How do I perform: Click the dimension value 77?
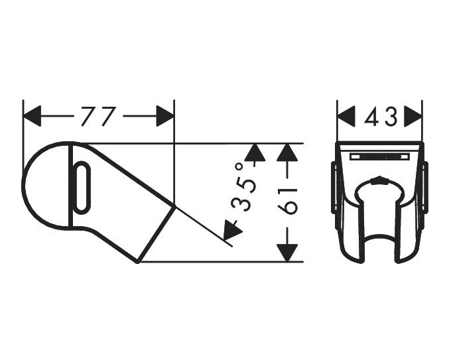pyautogui.click(x=98, y=116)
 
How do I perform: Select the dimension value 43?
pyautogui.click(x=381, y=117)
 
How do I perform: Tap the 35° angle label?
pyautogui.click(x=243, y=187)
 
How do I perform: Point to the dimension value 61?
pyautogui.click(x=287, y=201)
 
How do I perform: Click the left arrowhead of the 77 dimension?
pyautogui.click(x=32, y=116)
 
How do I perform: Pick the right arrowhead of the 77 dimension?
pyautogui.click(x=165, y=116)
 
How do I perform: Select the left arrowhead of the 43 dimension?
pyautogui.click(x=346, y=116)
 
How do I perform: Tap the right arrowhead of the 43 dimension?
pyautogui.click(x=413, y=116)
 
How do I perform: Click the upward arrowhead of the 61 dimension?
pyautogui.click(x=287, y=152)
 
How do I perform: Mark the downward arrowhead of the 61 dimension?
pyautogui.click(x=287, y=253)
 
